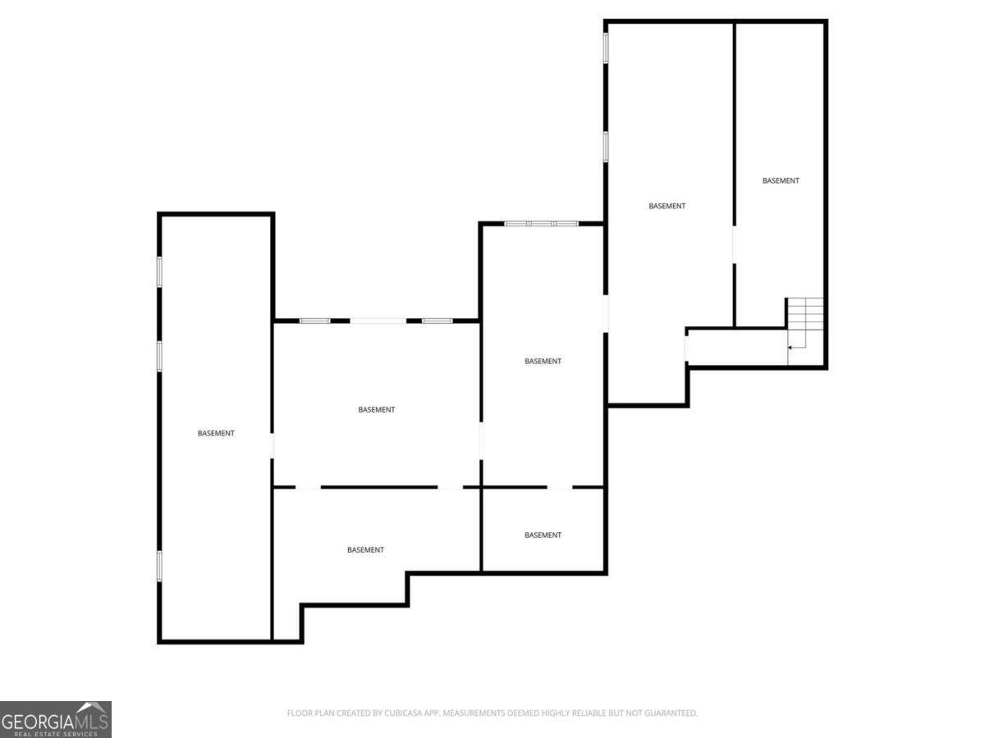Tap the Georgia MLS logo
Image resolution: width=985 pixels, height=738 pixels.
[x=56, y=719]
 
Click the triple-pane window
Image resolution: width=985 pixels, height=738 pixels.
[x=541, y=224]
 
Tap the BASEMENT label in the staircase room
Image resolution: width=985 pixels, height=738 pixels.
[x=781, y=180]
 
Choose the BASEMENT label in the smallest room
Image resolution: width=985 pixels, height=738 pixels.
[x=543, y=535]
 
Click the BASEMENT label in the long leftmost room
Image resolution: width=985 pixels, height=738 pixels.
[x=216, y=433]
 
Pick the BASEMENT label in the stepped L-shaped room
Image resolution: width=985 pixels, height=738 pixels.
[x=365, y=549]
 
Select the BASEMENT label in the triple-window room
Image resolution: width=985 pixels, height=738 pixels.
[x=543, y=361]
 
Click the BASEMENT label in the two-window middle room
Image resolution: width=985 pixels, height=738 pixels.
[x=376, y=409]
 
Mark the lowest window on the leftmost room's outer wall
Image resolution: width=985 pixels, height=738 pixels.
[x=159, y=567]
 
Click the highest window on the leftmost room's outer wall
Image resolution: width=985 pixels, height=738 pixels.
[x=159, y=271]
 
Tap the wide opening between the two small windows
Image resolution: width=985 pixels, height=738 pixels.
[x=378, y=321]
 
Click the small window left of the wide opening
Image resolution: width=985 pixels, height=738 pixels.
[x=314, y=321]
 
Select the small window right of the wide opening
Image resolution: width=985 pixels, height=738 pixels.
[x=438, y=321]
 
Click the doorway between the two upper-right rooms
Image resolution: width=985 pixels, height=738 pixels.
[x=734, y=244]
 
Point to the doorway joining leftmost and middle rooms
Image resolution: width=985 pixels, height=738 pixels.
[x=272, y=445]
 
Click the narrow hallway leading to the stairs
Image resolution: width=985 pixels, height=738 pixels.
[x=738, y=347]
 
